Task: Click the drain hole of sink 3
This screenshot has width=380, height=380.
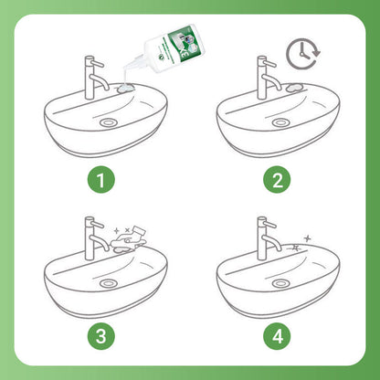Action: [x=110, y=284]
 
